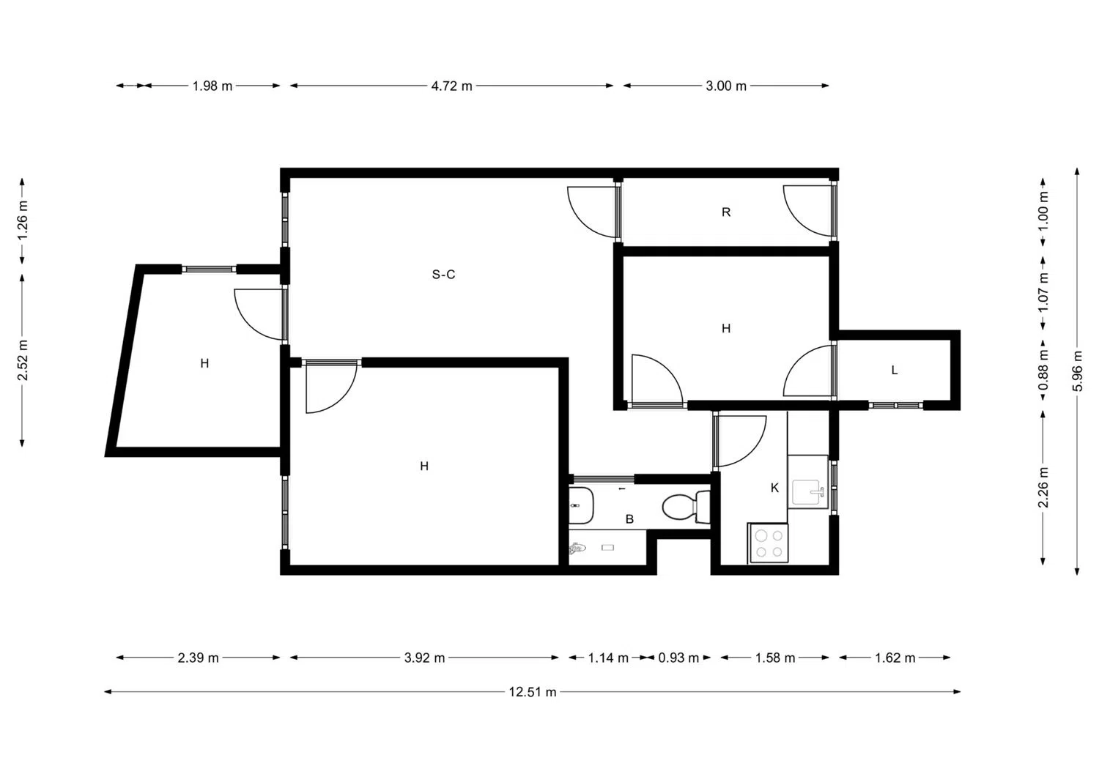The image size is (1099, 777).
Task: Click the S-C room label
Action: [x=443, y=275]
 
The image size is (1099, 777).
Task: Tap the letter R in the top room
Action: [x=726, y=212]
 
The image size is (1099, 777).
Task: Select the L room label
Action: [x=895, y=371]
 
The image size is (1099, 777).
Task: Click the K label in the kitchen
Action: [x=774, y=488]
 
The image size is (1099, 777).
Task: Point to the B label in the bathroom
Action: [x=629, y=519]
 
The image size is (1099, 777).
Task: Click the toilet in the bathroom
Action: [x=685, y=507]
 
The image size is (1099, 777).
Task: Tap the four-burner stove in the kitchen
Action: [x=769, y=543]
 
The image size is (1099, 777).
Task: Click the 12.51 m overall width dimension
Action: [x=533, y=692]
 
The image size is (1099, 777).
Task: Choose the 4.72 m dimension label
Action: [x=452, y=86]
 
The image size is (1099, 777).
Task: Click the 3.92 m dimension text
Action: [x=424, y=658]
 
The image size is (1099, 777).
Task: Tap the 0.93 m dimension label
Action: [x=678, y=658]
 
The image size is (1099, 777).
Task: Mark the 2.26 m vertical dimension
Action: [x=1044, y=488]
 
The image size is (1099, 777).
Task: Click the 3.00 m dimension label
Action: [x=726, y=86]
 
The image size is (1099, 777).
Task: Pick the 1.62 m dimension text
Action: [x=895, y=658]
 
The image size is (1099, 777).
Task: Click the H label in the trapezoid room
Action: [x=204, y=363]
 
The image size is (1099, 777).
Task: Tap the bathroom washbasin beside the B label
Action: [x=580, y=505]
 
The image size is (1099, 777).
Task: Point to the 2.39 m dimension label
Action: [x=198, y=658]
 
